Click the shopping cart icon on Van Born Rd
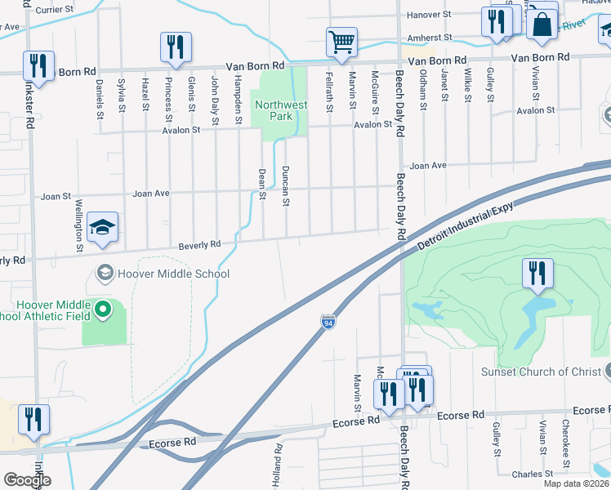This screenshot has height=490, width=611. click(341, 41)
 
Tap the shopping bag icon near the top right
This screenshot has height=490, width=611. click(541, 24)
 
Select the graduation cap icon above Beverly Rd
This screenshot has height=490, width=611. click(103, 227)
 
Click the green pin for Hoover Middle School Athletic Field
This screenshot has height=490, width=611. click(102, 309)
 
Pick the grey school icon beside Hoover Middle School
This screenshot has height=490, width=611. click(105, 273)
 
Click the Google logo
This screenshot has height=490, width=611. click(27, 480)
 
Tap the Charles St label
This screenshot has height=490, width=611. click(533, 474)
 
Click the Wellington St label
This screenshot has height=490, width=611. click(80, 225)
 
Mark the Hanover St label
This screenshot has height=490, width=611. click(429, 15)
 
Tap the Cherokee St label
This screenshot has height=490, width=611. click(564, 437)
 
